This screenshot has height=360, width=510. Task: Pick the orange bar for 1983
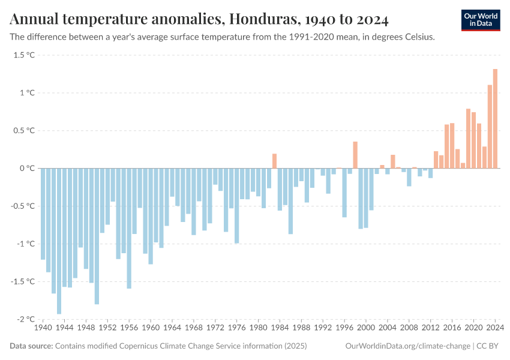pyautogui.click(x=274, y=161)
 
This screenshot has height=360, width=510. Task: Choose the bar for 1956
pyautogui.click(x=129, y=229)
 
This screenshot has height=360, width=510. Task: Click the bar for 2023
pyautogui.click(x=490, y=127)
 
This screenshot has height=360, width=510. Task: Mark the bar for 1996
pyautogui.click(x=344, y=193)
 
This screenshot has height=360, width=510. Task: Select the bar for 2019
pyautogui.click(x=468, y=139)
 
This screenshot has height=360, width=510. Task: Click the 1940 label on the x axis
pyautogui.click(x=43, y=328)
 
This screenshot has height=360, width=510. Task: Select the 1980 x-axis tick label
pyautogui.click(x=259, y=328)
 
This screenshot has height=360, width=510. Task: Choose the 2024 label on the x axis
pyautogui.click(x=495, y=328)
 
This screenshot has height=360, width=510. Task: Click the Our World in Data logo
pyautogui.click(x=481, y=20)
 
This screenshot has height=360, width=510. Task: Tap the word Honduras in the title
pyautogui.click(x=261, y=20)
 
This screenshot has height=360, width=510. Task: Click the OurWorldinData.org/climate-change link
pyautogui.click(x=407, y=346)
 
